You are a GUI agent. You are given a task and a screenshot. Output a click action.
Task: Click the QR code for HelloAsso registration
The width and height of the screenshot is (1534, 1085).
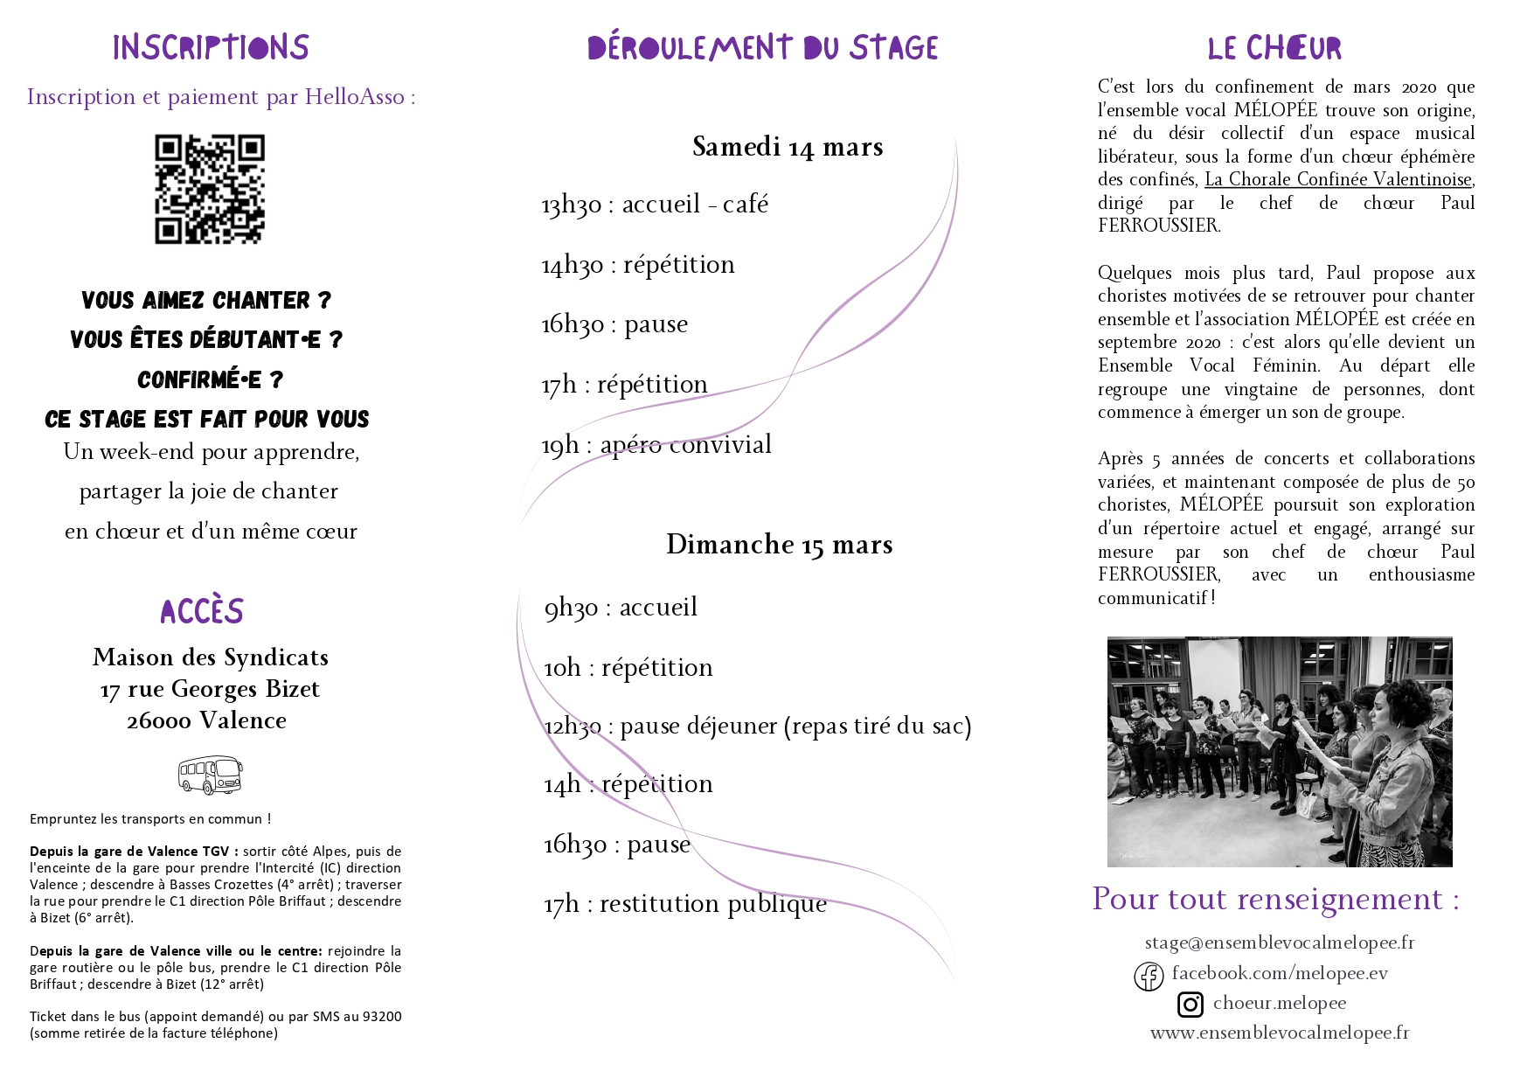click(210, 189)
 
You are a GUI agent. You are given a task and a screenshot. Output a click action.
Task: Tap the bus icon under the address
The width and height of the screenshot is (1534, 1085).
click(210, 775)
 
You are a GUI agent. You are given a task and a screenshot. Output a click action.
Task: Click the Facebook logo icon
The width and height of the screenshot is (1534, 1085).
click(1149, 976)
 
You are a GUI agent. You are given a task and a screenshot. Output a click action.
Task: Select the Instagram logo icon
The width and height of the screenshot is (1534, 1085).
click(1190, 1005)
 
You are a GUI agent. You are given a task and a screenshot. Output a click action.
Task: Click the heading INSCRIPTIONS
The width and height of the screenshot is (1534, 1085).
click(211, 47)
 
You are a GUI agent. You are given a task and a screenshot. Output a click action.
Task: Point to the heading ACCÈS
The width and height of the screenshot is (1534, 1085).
click(202, 611)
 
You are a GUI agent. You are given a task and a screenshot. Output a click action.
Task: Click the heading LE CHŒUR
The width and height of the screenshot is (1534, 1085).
click(1274, 48)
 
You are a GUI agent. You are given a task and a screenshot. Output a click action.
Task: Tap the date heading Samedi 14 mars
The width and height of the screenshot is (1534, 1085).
click(788, 147)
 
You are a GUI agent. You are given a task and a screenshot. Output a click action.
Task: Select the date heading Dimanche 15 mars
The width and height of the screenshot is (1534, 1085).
click(779, 545)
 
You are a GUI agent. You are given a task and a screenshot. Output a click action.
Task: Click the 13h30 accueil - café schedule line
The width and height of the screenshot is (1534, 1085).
click(655, 205)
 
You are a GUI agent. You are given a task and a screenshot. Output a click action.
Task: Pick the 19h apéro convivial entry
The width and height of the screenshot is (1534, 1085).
click(656, 445)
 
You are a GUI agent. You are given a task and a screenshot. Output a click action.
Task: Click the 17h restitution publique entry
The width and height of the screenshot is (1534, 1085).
click(685, 904)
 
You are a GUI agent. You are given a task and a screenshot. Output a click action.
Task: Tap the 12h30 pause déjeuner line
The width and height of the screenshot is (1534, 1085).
click(757, 726)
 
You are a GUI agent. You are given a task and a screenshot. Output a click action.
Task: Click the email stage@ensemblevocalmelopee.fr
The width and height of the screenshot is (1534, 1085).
click(1280, 942)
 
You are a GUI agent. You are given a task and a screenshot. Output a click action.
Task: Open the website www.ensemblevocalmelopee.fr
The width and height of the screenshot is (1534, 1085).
click(1280, 1033)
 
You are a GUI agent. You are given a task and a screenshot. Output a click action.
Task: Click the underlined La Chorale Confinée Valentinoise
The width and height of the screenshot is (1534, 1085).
click(1337, 179)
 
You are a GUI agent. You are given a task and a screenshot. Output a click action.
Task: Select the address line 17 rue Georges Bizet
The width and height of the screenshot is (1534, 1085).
click(210, 689)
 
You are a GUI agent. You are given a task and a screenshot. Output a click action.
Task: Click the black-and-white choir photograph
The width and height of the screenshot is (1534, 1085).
click(1280, 752)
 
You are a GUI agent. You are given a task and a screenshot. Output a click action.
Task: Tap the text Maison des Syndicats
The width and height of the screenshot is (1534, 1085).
click(211, 657)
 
